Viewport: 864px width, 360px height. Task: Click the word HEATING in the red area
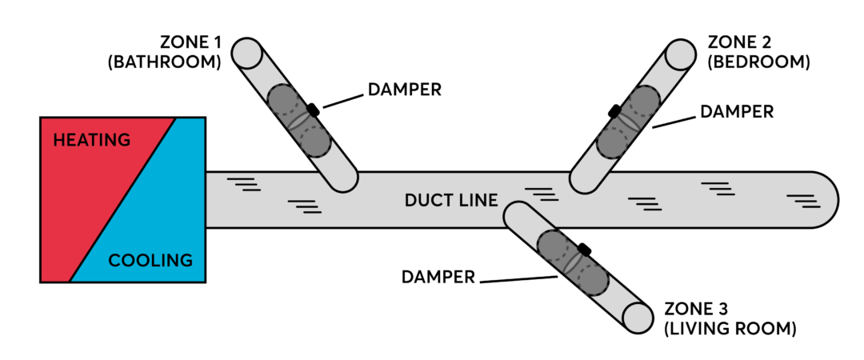pyautogui.click(x=91, y=141)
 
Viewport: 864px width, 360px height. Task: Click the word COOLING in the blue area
pyautogui.click(x=150, y=261)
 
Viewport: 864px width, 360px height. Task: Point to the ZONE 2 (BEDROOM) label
pyautogui.click(x=759, y=51)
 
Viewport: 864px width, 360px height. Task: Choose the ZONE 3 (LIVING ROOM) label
pyautogui.click(x=730, y=318)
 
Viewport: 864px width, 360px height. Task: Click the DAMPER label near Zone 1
pyautogui.click(x=404, y=90)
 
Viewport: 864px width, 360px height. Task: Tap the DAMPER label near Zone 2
pyautogui.click(x=737, y=112)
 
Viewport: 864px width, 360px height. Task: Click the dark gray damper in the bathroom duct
pyautogui.click(x=298, y=121)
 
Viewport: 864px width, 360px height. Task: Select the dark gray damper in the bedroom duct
pyautogui.click(x=629, y=121)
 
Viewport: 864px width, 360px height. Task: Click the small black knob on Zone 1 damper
pyautogui.click(x=314, y=110)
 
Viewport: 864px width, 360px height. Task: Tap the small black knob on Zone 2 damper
pyautogui.click(x=614, y=110)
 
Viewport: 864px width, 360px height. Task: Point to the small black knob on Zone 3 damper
pyautogui.click(x=586, y=250)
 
